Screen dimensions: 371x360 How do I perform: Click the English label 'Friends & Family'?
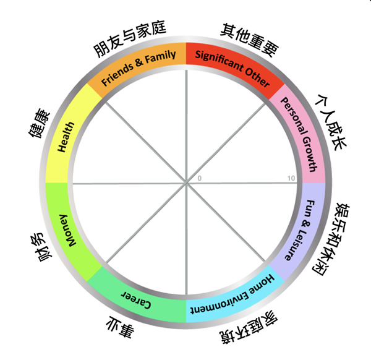[139, 67]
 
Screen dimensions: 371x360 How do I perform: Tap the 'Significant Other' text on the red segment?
[232, 67]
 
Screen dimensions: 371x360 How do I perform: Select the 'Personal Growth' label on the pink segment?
[299, 134]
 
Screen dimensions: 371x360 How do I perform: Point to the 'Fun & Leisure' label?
[301, 231]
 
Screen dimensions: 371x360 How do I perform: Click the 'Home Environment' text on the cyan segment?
[233, 294]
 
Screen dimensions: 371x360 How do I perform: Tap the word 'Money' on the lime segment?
[67, 230]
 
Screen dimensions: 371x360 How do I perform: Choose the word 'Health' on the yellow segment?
[66, 137]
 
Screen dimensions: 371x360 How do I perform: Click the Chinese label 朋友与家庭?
[130, 38]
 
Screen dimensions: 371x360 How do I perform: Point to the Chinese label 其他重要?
[249, 40]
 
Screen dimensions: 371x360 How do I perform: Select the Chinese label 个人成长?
[331, 122]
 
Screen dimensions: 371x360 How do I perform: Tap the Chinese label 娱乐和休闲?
[331, 239]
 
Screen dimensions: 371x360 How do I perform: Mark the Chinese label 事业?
[120, 327]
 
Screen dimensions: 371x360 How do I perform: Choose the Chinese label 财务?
[41, 247]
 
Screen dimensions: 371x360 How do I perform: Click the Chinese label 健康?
[39, 123]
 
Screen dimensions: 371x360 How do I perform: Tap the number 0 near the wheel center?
[200, 178]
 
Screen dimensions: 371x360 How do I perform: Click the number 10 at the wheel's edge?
[291, 178]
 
